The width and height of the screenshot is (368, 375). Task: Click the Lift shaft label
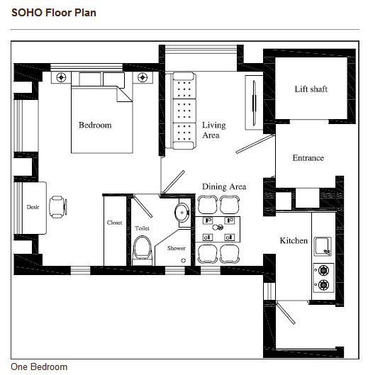click(x=311, y=89)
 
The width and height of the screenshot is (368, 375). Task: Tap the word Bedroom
click(x=95, y=125)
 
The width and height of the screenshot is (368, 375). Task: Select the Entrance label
click(x=308, y=158)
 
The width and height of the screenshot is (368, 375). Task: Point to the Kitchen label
click(x=294, y=240)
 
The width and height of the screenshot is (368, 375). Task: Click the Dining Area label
click(x=224, y=186)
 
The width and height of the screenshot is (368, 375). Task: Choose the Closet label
click(x=115, y=223)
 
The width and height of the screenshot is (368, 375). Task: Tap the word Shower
click(x=177, y=248)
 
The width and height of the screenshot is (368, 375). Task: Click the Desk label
click(x=33, y=207)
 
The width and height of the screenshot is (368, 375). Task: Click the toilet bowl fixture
click(x=143, y=250)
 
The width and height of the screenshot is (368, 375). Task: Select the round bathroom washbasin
click(x=182, y=213)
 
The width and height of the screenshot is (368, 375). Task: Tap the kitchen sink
click(x=323, y=246)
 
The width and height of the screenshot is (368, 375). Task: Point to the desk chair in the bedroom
click(x=58, y=207)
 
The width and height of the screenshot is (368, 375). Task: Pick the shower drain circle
click(x=184, y=260)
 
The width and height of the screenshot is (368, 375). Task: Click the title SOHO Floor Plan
click(x=54, y=13)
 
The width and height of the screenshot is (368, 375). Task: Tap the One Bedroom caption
click(x=39, y=367)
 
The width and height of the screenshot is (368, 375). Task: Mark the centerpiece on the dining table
click(x=218, y=228)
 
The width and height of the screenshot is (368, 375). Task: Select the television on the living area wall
click(x=255, y=103)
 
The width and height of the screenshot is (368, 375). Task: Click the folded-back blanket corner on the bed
click(x=124, y=94)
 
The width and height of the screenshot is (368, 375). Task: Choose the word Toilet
click(x=142, y=228)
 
